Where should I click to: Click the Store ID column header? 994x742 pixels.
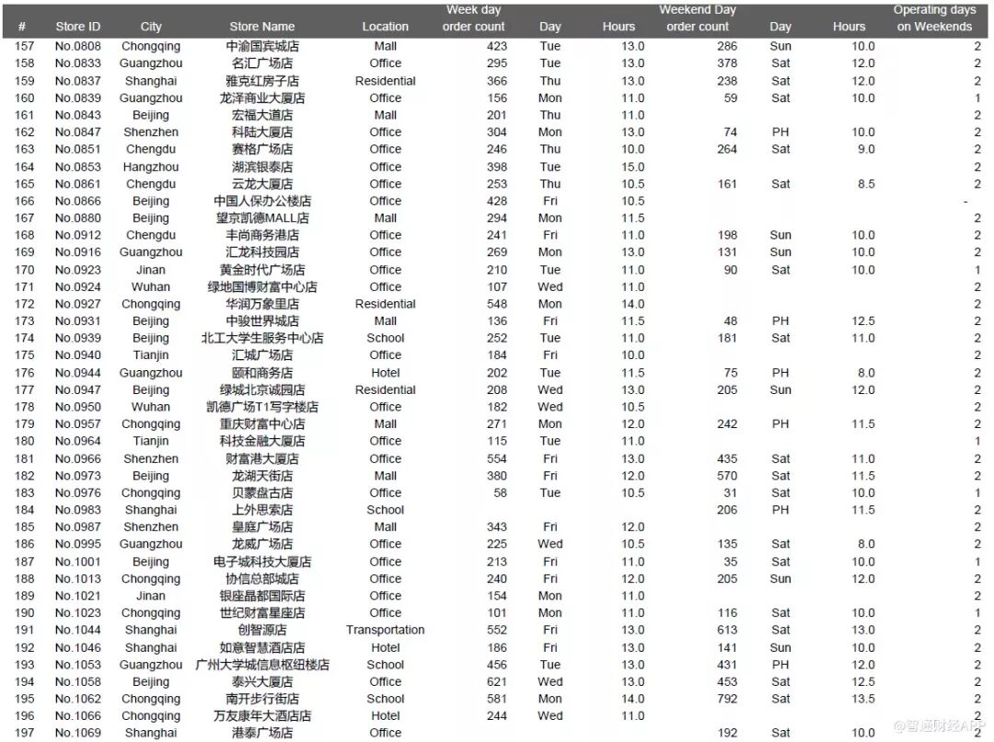point(77,27)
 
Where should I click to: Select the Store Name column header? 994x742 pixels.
point(262,27)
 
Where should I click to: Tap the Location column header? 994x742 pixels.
point(386,27)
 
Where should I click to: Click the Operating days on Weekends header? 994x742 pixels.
point(934,18)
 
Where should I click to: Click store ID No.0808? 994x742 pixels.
point(77,46)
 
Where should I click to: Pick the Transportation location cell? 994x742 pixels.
point(386,631)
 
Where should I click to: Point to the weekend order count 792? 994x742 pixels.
point(727,699)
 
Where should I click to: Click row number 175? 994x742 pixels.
point(24,355)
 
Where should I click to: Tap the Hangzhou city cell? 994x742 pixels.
point(151,167)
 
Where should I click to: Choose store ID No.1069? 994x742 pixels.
point(77,734)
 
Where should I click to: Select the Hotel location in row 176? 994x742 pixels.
point(386,373)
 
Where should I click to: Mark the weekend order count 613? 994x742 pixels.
point(727,631)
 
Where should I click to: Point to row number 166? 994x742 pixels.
point(24,201)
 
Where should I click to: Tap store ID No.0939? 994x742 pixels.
point(77,338)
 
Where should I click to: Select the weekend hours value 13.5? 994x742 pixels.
point(862,699)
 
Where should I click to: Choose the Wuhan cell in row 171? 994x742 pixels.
point(151,286)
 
